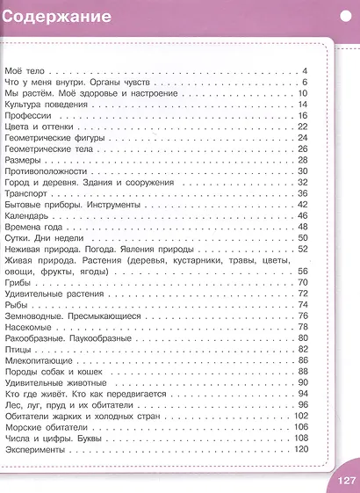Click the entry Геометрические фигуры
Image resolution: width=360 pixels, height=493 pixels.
[54, 138]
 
